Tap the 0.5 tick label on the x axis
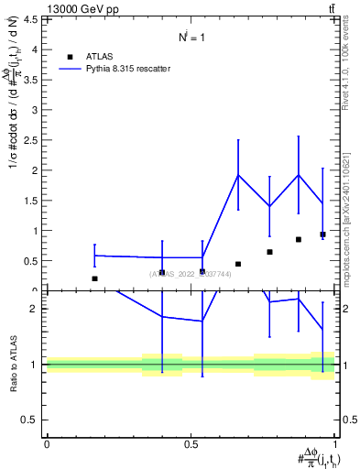(x=191, y=444)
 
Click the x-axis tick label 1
(x=336, y=444)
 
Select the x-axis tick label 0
(x=47, y=444)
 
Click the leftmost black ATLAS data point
(x=94, y=278)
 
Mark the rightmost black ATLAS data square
(x=322, y=234)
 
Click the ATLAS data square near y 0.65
(x=269, y=252)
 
